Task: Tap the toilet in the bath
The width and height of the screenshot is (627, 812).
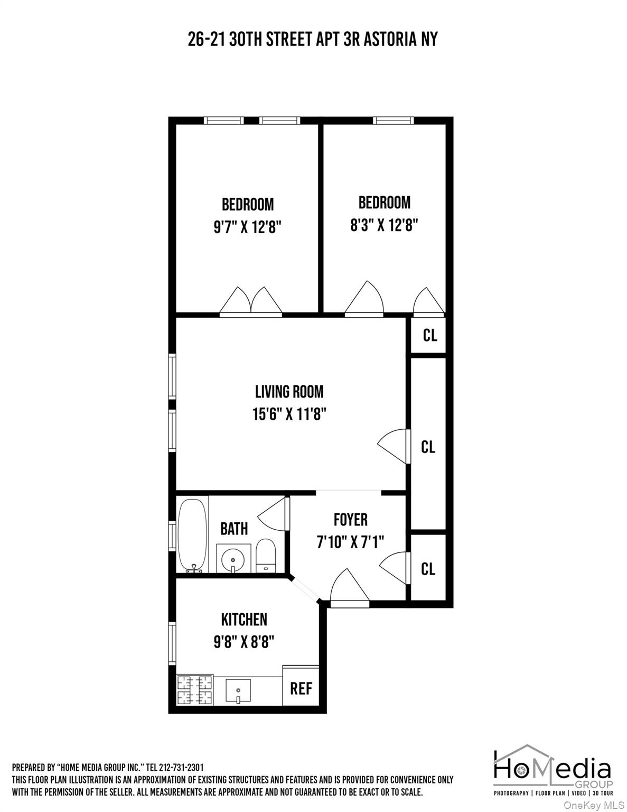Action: [265, 556]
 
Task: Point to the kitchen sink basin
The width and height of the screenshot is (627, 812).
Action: [238, 690]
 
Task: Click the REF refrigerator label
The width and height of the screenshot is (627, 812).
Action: [301, 688]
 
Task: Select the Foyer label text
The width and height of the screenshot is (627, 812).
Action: [350, 520]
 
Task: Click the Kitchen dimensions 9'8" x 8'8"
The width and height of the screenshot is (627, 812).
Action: [244, 642]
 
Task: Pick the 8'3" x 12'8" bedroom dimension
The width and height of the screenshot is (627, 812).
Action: [384, 226]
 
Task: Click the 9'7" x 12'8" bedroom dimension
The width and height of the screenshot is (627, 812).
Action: [247, 227]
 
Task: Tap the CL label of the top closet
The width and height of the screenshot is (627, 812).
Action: [430, 335]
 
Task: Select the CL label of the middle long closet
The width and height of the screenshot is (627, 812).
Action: [428, 447]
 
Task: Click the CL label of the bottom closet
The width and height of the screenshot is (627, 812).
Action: [428, 569]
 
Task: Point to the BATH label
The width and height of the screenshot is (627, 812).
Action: [234, 529]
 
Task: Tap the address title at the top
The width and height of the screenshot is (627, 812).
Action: [313, 40]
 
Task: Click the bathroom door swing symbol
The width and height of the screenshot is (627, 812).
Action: [274, 513]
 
